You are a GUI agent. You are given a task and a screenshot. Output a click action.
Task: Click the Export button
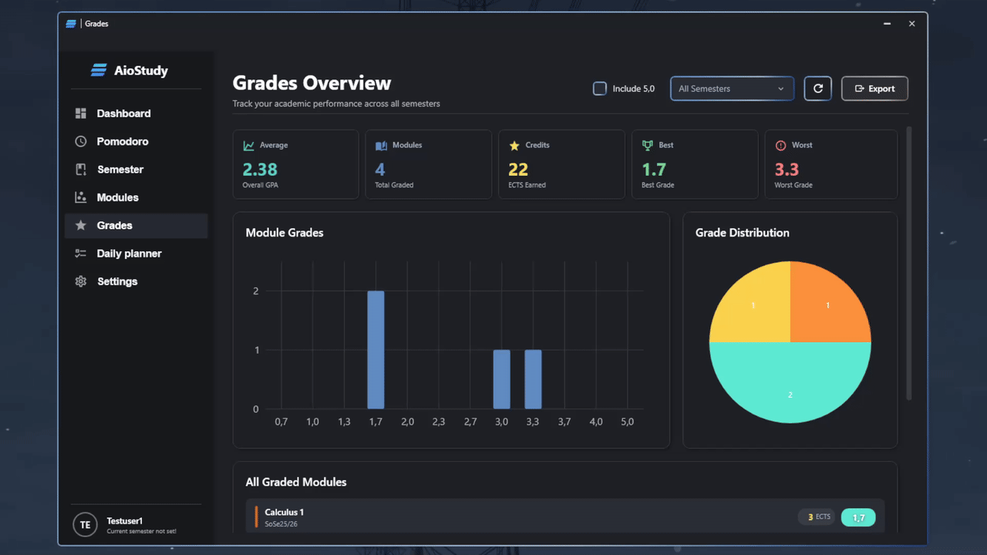(x=874, y=89)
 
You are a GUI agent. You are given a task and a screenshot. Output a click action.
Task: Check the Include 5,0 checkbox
(x=600, y=89)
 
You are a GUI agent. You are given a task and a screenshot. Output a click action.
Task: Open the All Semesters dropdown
(x=731, y=89)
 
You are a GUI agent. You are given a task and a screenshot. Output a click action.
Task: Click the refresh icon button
(x=817, y=89)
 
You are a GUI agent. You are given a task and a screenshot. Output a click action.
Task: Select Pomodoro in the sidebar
(x=122, y=142)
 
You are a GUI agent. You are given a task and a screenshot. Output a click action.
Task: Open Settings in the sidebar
(x=116, y=282)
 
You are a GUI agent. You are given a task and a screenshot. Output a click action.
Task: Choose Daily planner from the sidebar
(x=129, y=254)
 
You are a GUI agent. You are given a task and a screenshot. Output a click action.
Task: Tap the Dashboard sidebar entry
(x=123, y=113)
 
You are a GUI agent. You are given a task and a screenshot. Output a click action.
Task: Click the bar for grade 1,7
(x=376, y=350)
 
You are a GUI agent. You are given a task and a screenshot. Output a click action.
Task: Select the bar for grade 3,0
(x=501, y=379)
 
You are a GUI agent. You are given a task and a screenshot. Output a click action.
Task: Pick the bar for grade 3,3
(x=533, y=379)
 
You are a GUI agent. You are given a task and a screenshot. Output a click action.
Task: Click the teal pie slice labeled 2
(x=790, y=385)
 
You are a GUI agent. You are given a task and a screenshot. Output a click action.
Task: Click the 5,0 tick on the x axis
(x=627, y=422)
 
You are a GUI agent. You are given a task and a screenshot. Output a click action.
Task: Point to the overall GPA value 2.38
(x=260, y=170)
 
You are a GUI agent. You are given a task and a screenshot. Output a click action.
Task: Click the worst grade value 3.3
(x=787, y=170)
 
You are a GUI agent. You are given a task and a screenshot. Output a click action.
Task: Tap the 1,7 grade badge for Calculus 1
(x=858, y=517)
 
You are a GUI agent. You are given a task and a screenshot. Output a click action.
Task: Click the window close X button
(x=911, y=24)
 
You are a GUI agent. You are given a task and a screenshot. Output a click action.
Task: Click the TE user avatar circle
(x=85, y=525)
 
